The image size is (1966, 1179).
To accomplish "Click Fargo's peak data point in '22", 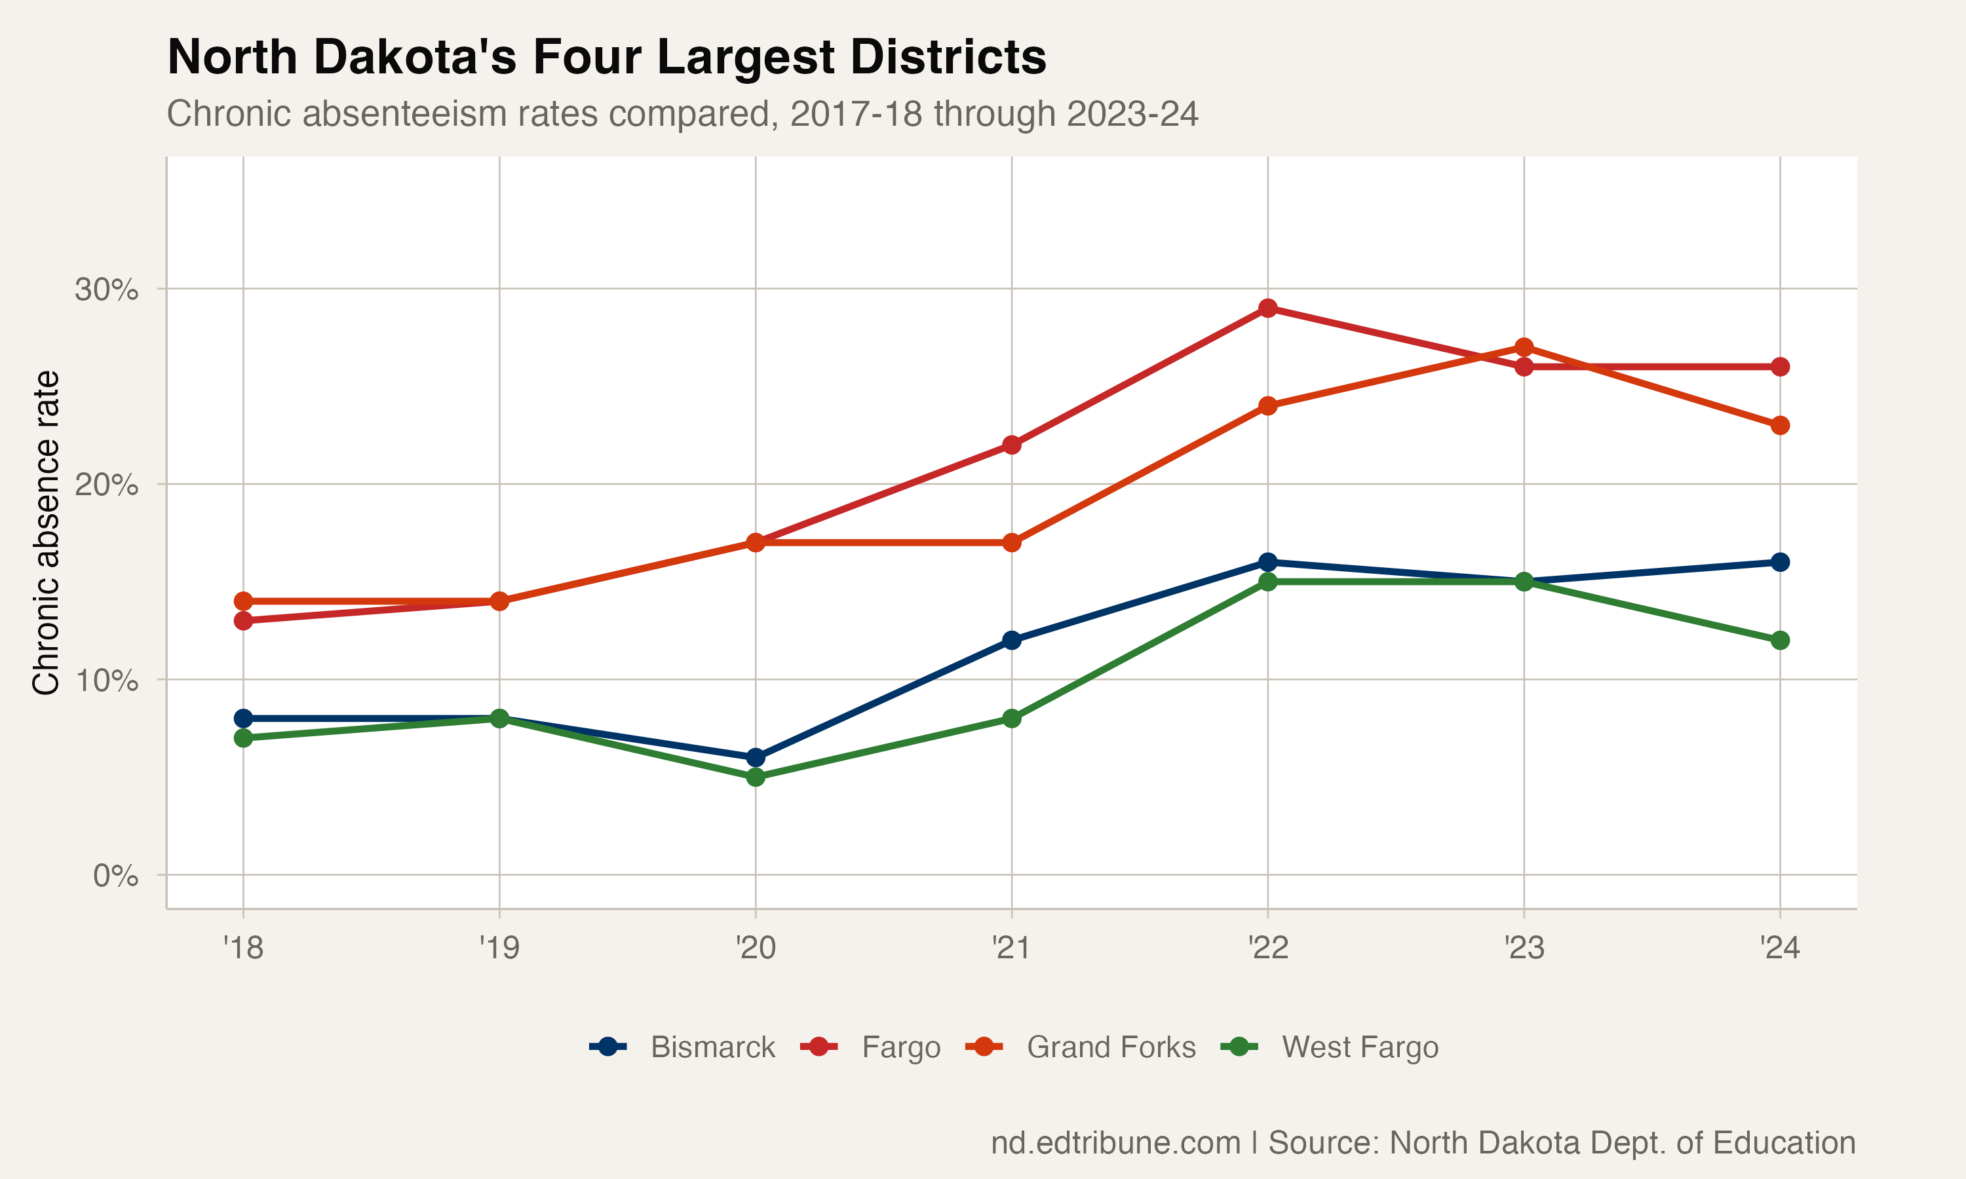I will click(x=1267, y=309).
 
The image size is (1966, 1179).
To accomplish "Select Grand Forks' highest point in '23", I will click(x=1524, y=347).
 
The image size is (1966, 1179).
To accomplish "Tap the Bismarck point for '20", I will click(x=756, y=757).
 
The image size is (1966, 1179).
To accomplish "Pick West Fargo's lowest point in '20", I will click(x=756, y=777).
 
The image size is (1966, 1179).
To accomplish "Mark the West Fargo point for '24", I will click(x=1780, y=641).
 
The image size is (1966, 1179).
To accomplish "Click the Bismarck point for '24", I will click(x=1780, y=563).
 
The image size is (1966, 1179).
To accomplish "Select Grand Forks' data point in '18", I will click(x=243, y=601).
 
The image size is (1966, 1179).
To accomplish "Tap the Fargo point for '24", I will click(x=1780, y=367).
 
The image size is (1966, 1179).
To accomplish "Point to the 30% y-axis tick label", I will click(x=106, y=290).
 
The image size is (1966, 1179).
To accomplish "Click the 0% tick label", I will click(x=115, y=876).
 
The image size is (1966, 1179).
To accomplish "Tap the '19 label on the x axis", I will click(x=499, y=948).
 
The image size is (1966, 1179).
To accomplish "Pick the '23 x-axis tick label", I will click(x=1524, y=948).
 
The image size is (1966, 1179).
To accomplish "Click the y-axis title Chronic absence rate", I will click(x=46, y=533).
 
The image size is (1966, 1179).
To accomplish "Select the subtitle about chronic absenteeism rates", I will click(x=682, y=113).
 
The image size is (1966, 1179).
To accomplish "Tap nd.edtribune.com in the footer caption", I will click(x=1115, y=1143).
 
